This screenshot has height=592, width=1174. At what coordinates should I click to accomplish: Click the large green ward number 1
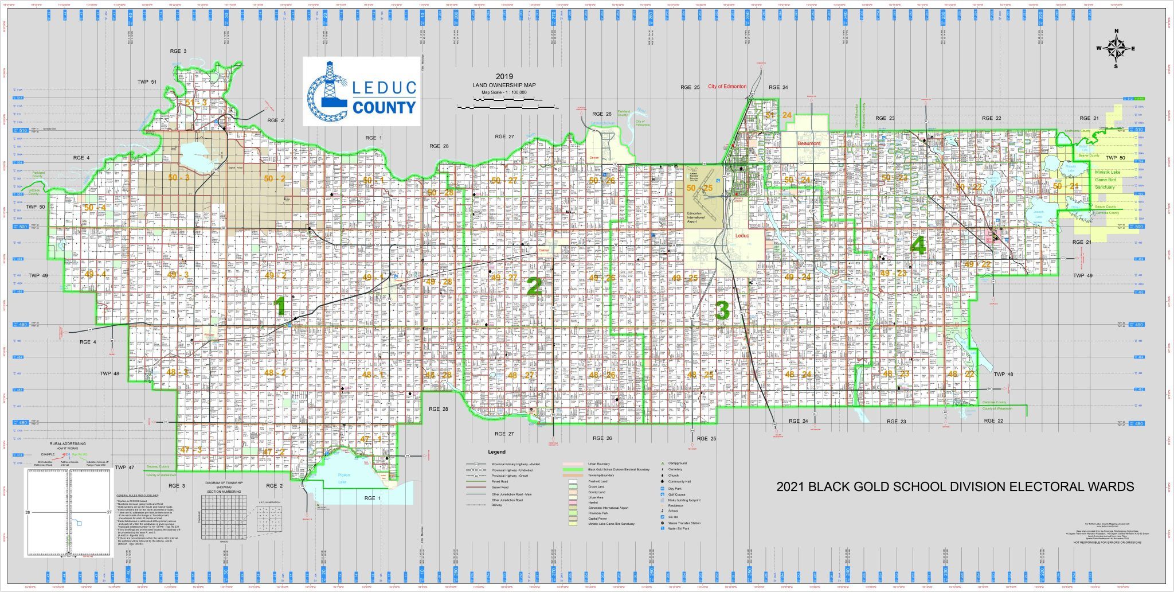click(280, 306)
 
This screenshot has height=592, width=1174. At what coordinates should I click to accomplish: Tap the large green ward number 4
click(918, 246)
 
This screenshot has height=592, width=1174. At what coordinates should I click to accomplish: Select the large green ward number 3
click(722, 310)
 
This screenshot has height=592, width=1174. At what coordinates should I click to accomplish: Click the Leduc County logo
click(361, 91)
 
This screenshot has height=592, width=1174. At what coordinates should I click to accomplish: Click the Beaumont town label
click(809, 143)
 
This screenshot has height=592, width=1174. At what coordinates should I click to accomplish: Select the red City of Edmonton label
click(727, 87)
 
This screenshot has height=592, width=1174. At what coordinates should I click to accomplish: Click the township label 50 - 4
click(95, 208)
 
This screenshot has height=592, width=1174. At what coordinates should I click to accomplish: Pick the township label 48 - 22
click(961, 374)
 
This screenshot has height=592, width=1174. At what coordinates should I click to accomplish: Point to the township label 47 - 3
click(191, 449)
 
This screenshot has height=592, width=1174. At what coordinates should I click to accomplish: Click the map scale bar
click(507, 107)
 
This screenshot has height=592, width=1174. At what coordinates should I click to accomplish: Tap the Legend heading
click(496, 452)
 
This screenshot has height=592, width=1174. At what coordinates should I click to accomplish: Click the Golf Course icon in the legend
click(662, 494)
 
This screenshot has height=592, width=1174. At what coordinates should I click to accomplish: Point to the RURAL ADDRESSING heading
click(68, 443)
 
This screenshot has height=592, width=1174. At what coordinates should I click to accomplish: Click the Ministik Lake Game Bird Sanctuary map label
click(1104, 180)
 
